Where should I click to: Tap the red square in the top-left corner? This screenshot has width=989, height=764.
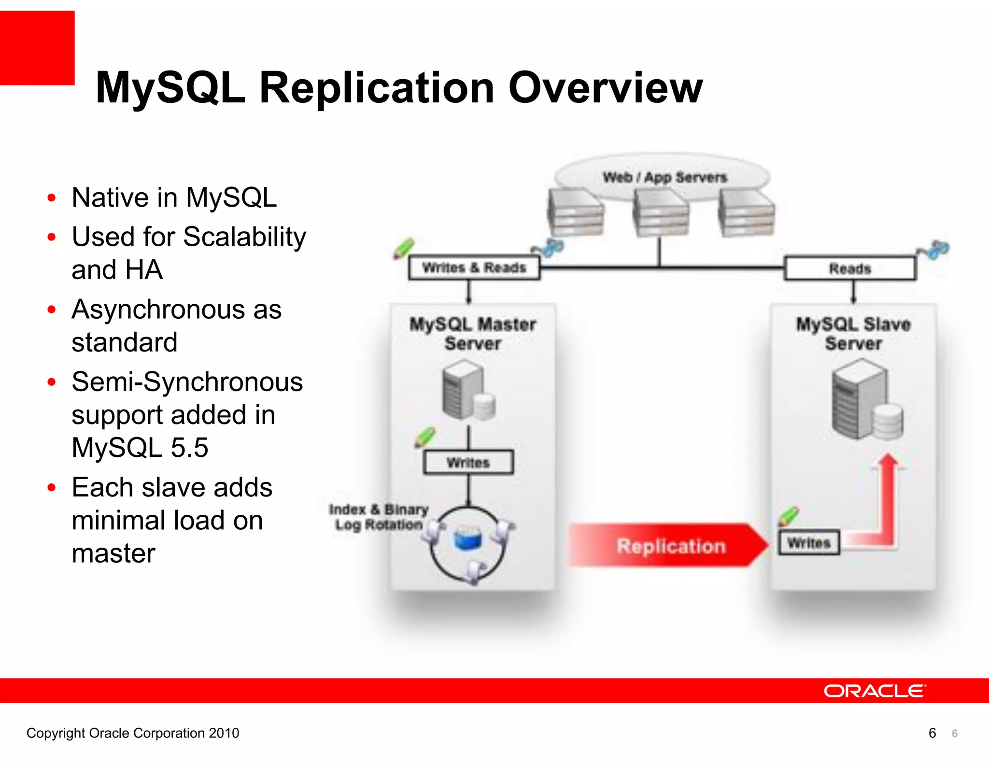37,48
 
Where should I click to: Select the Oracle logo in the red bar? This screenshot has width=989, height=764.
874,691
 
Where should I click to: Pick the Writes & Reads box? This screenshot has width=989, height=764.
474,268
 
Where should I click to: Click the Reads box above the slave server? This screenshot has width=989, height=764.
850,269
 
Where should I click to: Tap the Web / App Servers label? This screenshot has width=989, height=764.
664,177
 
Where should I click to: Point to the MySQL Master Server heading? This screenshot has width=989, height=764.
473,333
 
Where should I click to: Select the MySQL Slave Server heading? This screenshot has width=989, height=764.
853,333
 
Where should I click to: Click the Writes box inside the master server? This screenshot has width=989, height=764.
468,463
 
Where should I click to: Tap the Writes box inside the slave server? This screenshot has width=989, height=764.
809,543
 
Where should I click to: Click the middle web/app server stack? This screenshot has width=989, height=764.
661,213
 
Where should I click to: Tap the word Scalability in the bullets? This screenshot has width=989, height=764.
244,237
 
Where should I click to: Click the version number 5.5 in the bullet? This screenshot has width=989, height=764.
189,448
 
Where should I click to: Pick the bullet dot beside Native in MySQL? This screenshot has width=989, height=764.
52,198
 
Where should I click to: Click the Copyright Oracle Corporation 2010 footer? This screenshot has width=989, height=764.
133,733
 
